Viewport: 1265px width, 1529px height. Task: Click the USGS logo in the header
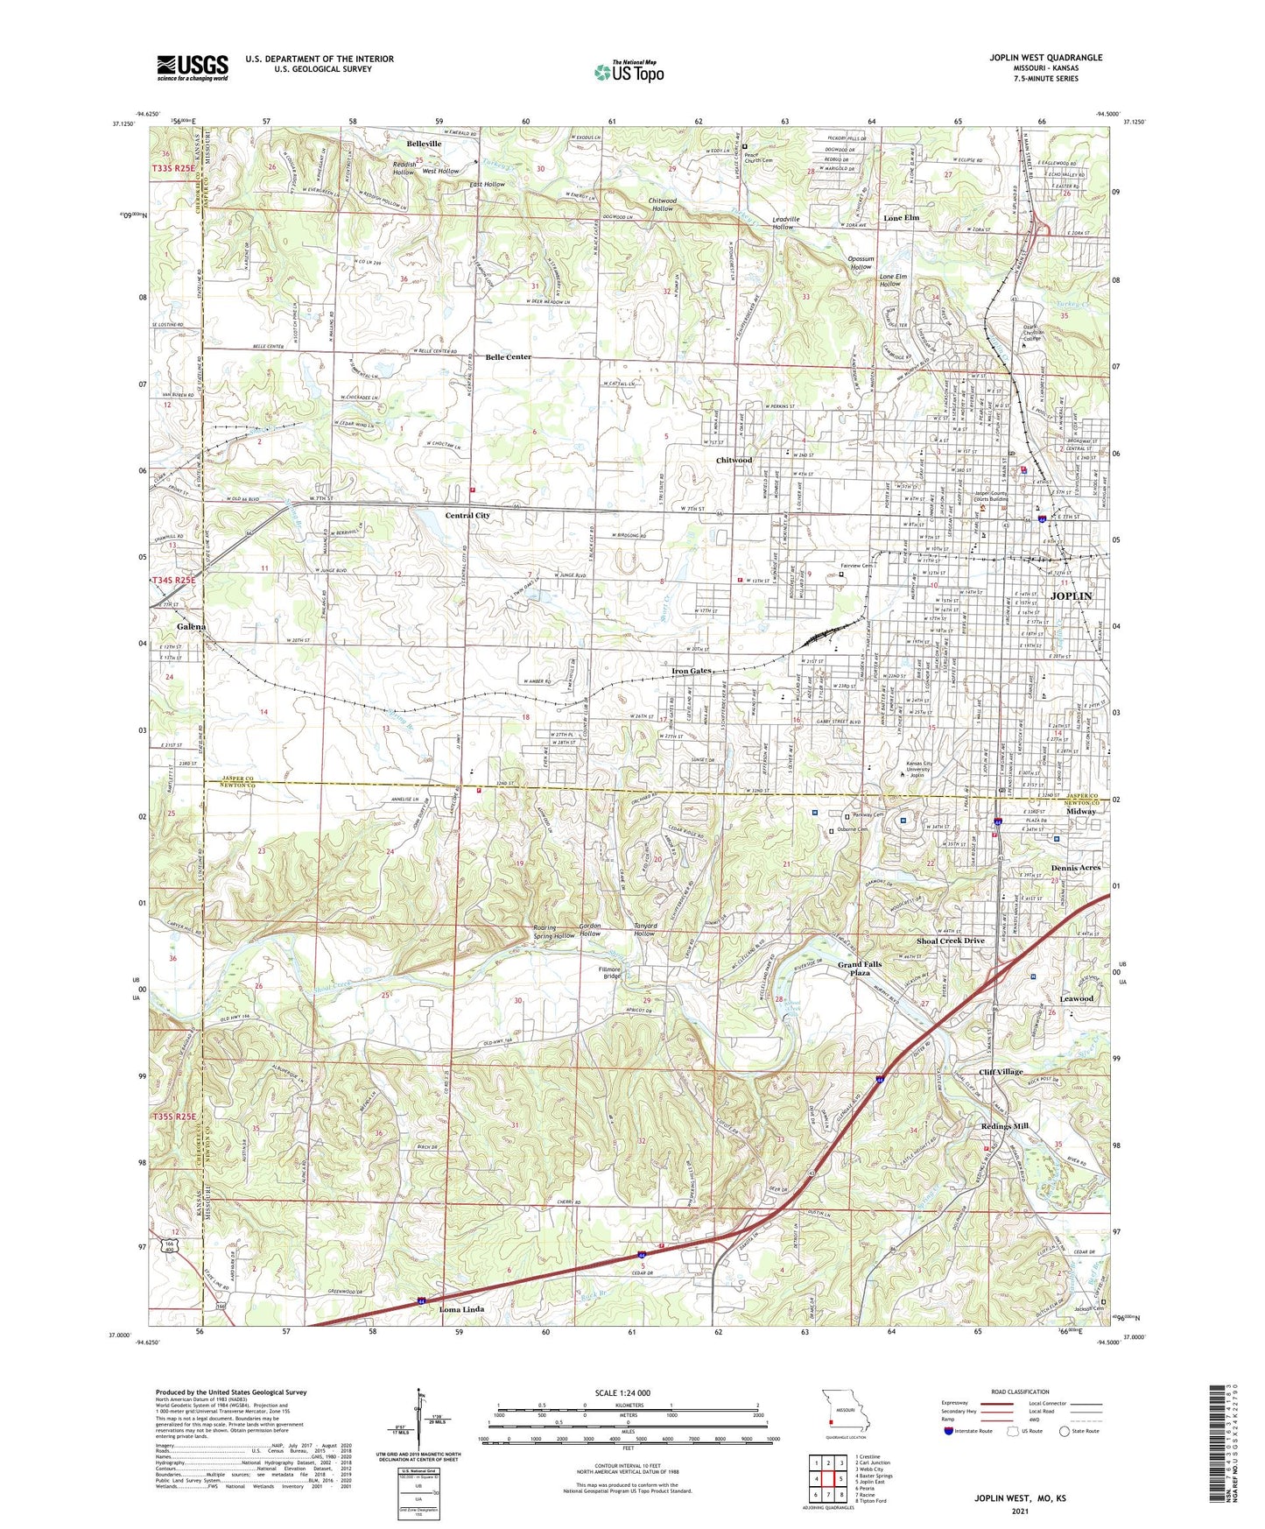[192, 67]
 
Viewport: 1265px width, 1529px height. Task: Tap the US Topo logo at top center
[629, 73]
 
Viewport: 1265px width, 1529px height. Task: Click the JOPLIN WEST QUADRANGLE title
[1045, 58]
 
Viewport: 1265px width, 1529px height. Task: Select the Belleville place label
[424, 144]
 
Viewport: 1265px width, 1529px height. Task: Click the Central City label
[467, 516]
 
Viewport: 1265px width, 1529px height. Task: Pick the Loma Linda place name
[461, 1309]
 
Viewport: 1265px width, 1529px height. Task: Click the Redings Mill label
[1004, 1126]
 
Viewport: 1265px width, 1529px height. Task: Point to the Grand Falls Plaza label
[859, 969]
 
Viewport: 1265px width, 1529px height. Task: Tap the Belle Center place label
[508, 357]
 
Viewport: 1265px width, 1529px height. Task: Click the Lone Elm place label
[901, 217]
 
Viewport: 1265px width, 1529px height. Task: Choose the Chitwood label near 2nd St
[734, 460]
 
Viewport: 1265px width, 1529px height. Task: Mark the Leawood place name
[1076, 998]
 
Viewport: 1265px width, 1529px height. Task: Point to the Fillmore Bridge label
[611, 972]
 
